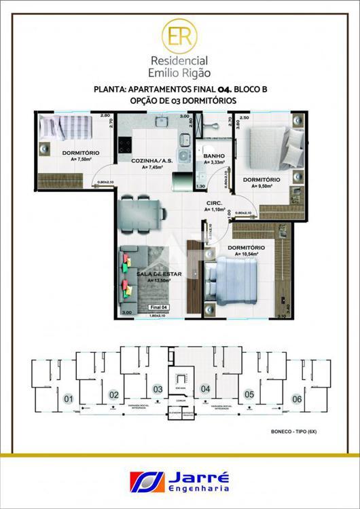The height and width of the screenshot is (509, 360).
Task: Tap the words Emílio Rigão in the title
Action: click(x=180, y=71)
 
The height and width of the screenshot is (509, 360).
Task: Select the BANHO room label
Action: click(x=214, y=155)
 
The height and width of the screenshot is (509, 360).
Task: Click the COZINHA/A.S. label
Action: click(x=151, y=160)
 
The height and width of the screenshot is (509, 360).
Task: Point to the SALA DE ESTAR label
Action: click(x=158, y=274)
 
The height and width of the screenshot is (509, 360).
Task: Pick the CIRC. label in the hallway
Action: click(x=215, y=204)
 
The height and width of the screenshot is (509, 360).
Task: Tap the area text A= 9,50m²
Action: click(x=262, y=185)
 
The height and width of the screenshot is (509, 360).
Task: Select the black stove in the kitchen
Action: click(x=126, y=145)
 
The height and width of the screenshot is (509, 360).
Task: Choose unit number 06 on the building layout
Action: click(x=296, y=399)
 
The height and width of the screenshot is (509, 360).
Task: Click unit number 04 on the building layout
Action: click(x=206, y=389)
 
